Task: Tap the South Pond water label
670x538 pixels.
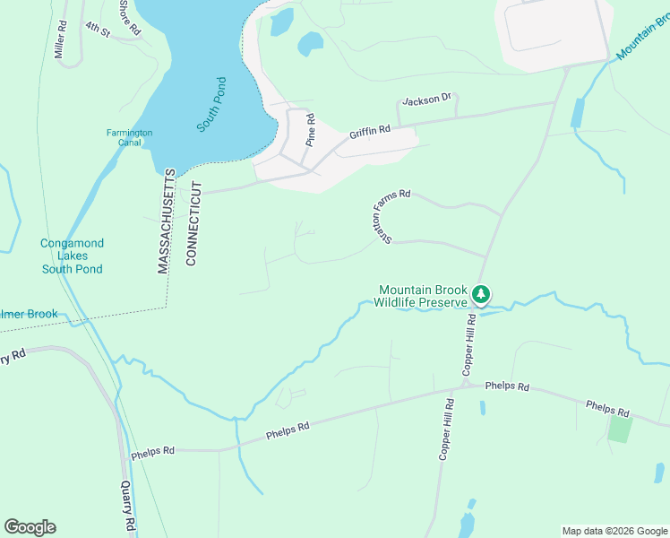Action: (212, 106)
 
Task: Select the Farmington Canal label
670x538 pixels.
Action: (130, 138)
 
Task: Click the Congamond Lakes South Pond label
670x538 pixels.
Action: (72, 256)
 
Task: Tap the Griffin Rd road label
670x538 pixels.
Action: (370, 131)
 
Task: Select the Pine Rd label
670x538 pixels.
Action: (311, 129)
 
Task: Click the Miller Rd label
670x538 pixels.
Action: (60, 40)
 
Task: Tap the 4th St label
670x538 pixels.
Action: (97, 30)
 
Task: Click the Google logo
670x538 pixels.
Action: (30, 527)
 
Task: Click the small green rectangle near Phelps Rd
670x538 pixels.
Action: (619, 428)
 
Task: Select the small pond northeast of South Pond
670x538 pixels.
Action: (310, 42)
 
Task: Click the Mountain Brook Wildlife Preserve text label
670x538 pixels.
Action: (422, 296)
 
